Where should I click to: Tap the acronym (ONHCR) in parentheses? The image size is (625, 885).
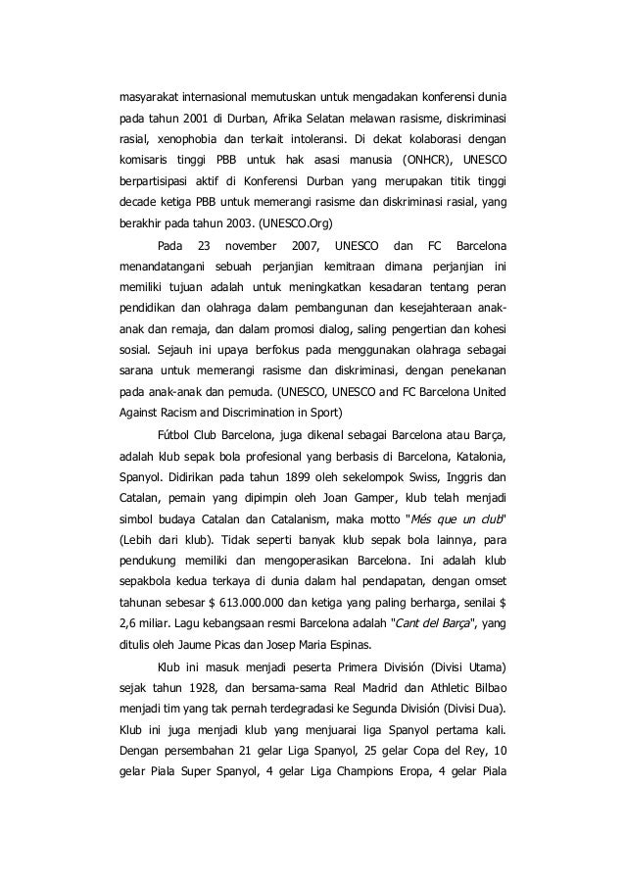click(427, 159)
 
